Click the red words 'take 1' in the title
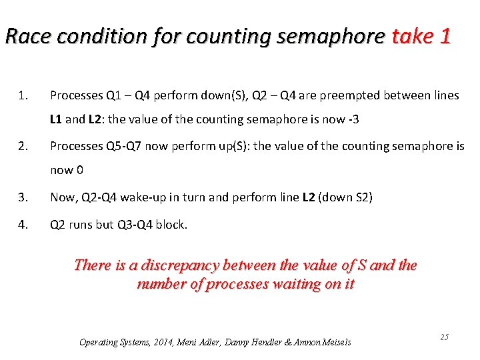421,35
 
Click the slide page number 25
444,337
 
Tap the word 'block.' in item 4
172,224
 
